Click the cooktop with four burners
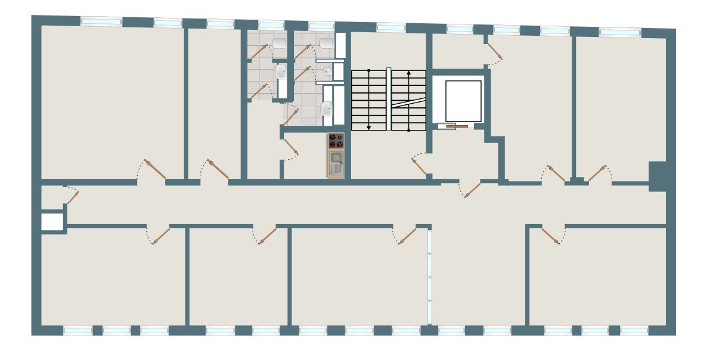tap(336, 141)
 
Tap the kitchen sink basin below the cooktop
tap(336, 158)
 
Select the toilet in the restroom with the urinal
tap(325, 44)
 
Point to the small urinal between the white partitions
tap(327, 72)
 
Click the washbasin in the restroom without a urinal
tap(281, 72)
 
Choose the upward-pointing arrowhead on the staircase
tap(408, 73)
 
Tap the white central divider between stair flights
tap(389, 99)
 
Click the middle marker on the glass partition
tap(429, 277)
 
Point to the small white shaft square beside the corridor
tap(52, 222)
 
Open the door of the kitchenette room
tap(291, 147)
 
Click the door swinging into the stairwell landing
tap(420, 166)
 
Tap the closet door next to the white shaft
tap(72, 195)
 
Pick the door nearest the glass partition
tap(407, 236)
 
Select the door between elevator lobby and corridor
tap(472, 190)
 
